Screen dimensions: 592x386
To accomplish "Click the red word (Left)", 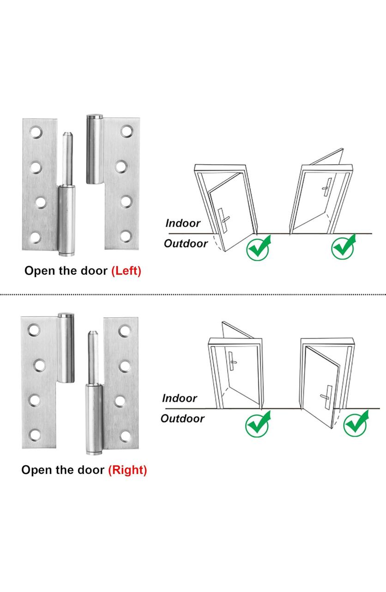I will pos(126,271).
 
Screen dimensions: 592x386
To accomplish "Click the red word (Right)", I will pos(127,470).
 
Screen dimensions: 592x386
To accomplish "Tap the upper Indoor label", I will pos(183,223).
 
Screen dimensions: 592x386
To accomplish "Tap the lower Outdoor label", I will pos(182,419).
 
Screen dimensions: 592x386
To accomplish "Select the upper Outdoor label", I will pos(186,244).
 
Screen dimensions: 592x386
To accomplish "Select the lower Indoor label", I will pos(179,398).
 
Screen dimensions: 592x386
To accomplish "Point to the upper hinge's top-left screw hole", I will pos(36,133).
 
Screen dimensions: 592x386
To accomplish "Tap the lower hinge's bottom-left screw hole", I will pos(34,435).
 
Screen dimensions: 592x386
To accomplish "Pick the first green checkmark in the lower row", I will pos(257,424).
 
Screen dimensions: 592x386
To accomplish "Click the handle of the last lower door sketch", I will pos(326,393).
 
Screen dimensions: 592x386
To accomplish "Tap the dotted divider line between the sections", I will pos(193,294).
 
